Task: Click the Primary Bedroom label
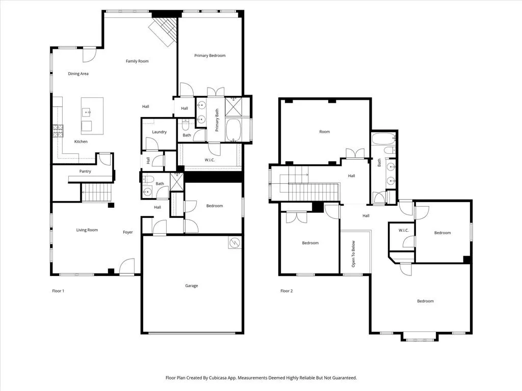(210, 55)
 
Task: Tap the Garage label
(192, 286)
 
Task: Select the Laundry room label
(159, 132)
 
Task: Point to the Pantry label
(85, 171)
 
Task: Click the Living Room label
(87, 230)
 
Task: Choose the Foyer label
(128, 232)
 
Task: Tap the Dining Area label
(78, 74)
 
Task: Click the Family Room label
(137, 61)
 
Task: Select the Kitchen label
(81, 142)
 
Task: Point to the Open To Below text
(354, 254)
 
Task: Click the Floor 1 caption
(58, 291)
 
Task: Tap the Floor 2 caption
(286, 291)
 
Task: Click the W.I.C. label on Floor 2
(404, 231)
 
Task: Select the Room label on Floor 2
(325, 132)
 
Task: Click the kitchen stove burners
(58, 131)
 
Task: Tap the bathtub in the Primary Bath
(233, 130)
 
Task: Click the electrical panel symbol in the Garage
(235, 242)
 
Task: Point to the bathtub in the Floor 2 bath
(383, 139)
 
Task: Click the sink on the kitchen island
(87, 113)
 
